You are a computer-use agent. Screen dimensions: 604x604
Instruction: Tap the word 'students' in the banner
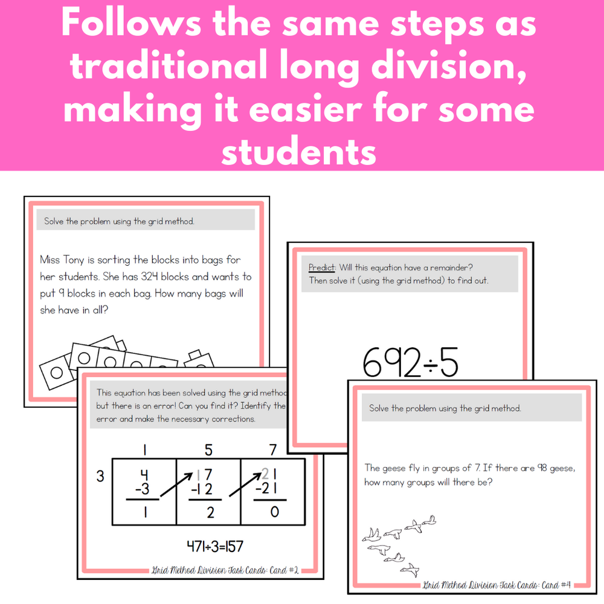point(299,152)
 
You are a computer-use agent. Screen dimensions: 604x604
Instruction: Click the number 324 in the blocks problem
point(149,277)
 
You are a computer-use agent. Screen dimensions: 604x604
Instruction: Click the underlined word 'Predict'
point(322,268)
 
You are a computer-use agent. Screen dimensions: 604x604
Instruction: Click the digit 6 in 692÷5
point(373,362)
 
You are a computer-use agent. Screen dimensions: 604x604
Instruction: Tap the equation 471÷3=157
point(215,546)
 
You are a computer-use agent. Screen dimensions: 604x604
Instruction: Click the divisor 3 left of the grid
point(100,477)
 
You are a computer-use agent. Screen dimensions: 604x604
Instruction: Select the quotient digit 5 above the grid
point(208,450)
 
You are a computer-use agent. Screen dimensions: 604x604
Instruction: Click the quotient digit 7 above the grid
point(273,450)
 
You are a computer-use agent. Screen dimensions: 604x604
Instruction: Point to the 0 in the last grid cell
point(274,512)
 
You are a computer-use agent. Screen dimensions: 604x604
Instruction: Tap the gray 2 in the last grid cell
point(265,474)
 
